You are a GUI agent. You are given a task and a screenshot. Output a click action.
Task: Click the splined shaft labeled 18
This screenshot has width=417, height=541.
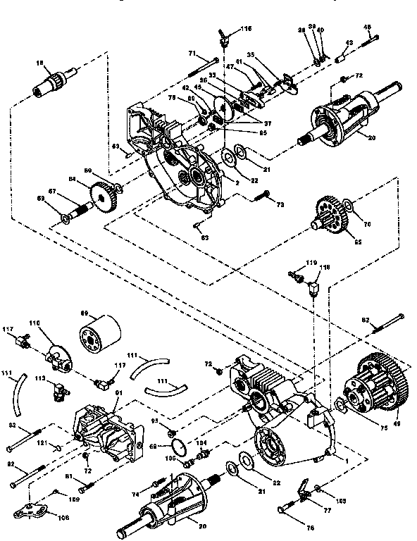click(51, 85)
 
